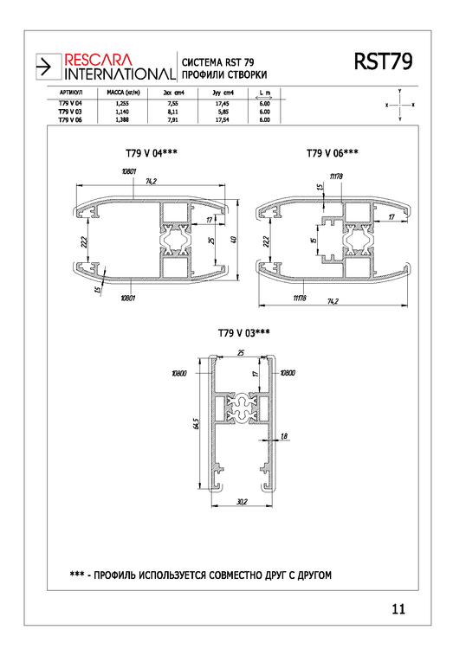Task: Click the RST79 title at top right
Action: (382, 62)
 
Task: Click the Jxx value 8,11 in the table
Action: (171, 112)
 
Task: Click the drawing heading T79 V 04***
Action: (151, 153)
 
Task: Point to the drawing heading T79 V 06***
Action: (332, 153)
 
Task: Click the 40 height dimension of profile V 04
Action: (234, 239)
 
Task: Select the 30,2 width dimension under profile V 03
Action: (243, 502)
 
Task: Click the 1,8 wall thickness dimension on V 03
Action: (284, 437)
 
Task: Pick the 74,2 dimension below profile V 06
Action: (332, 300)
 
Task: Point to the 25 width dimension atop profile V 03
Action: (240, 352)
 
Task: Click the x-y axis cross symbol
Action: (399, 104)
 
